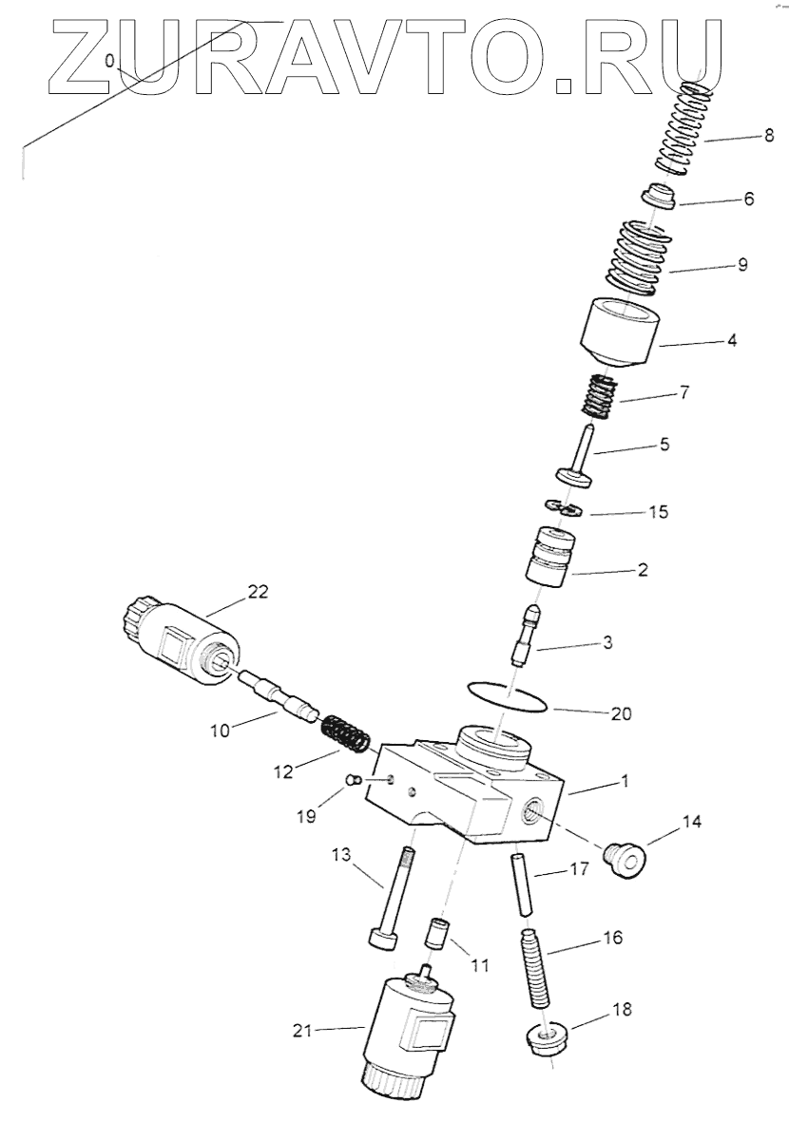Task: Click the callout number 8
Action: click(768, 137)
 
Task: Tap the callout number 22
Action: click(258, 592)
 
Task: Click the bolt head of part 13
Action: click(383, 938)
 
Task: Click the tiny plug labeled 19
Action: click(353, 781)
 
